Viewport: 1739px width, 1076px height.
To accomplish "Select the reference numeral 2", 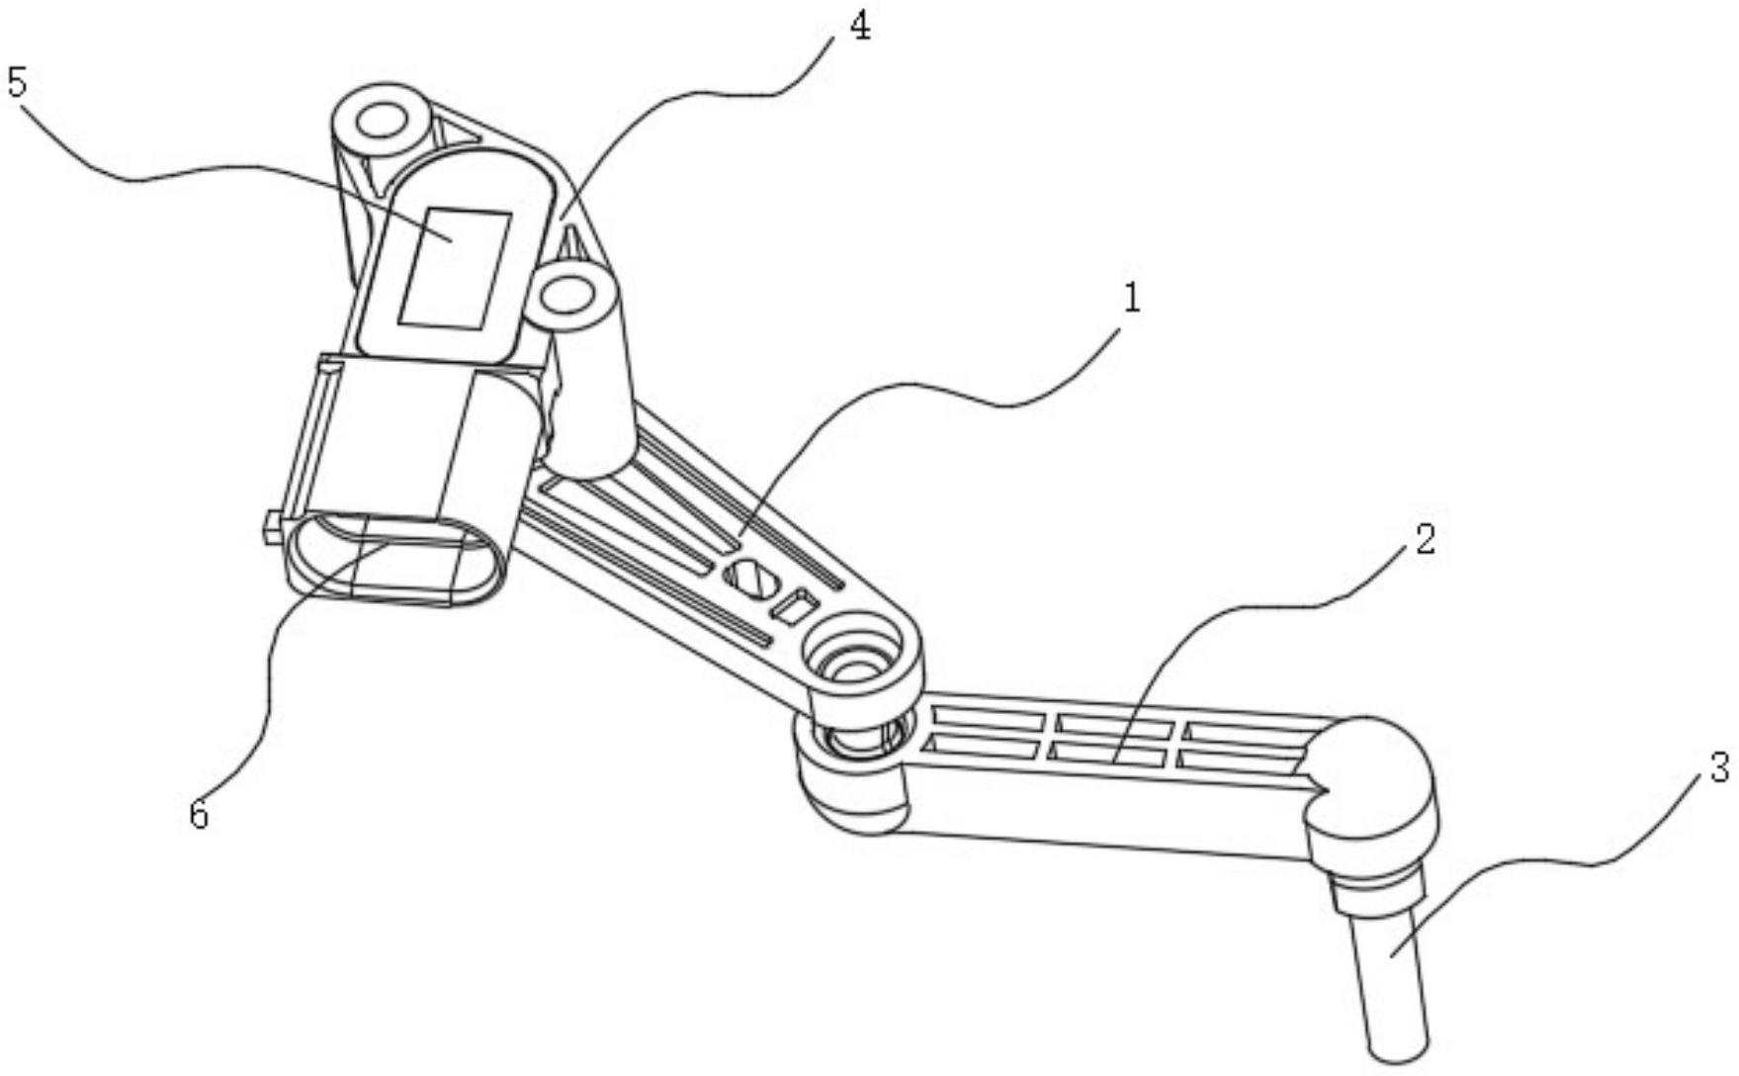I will (1425, 540).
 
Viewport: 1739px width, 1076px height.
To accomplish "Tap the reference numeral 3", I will (1718, 766).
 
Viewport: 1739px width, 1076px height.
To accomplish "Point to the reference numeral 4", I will (860, 27).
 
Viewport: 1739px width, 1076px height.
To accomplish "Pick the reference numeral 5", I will (17, 83).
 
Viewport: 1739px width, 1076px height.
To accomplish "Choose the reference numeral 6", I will (200, 815).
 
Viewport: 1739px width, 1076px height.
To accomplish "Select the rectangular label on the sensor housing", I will (454, 269).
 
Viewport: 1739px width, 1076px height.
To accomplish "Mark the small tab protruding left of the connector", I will (269, 527).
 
